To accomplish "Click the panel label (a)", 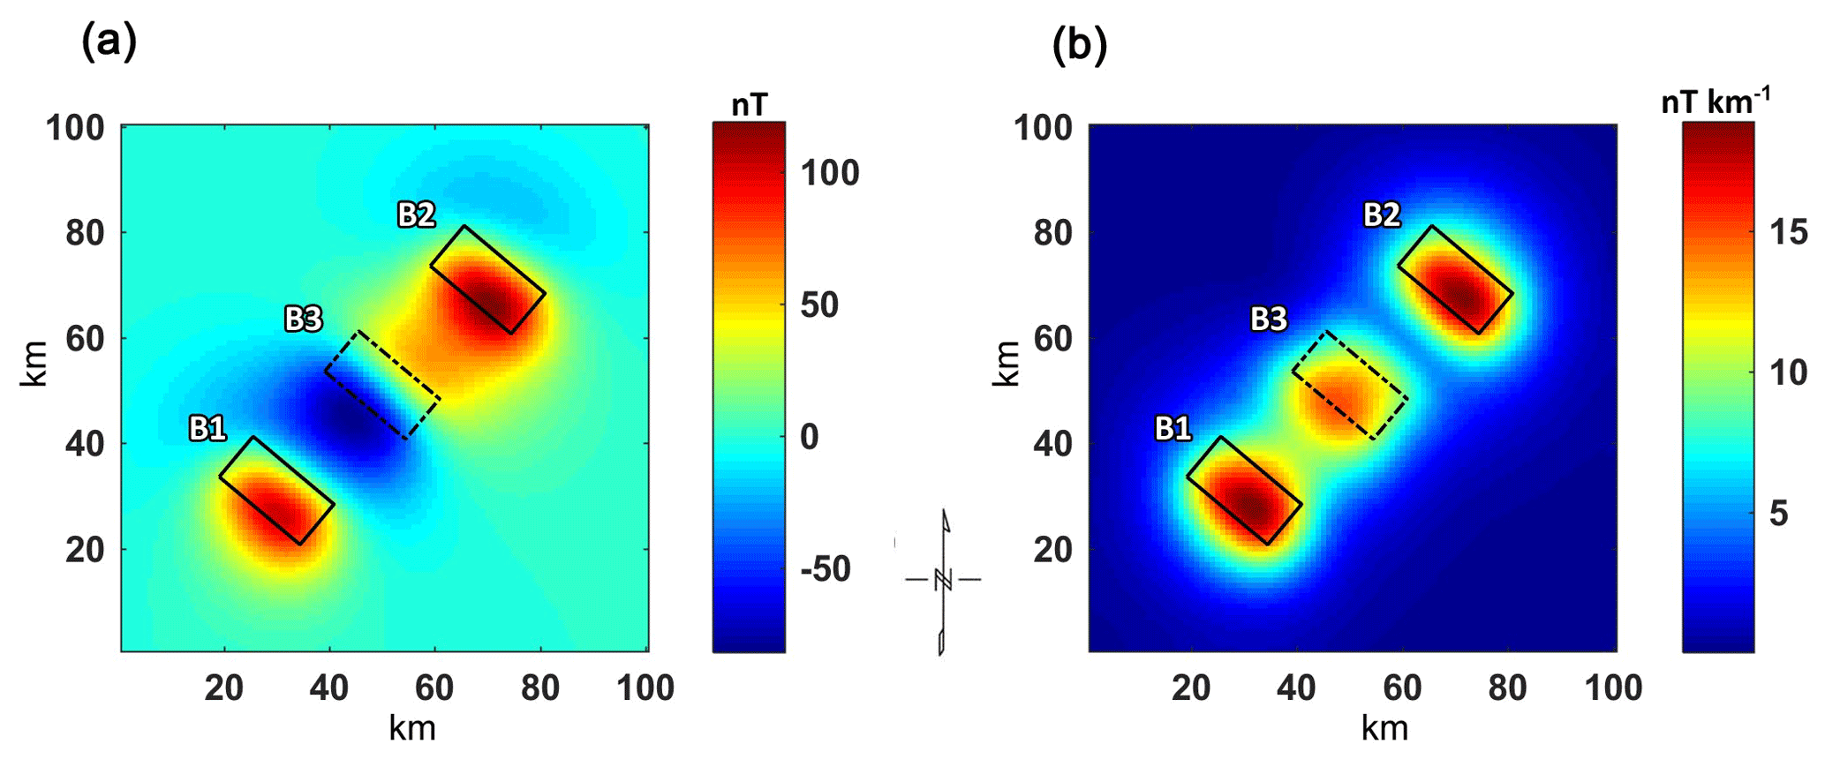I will click(109, 41).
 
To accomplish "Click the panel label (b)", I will click(1079, 46).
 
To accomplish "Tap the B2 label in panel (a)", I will click(416, 214).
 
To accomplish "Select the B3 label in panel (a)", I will click(303, 319).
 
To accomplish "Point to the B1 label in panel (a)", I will click(207, 429).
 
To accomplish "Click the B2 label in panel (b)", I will click(1382, 214).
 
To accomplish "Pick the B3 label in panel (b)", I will click(1269, 319).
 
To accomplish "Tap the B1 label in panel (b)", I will click(1173, 429).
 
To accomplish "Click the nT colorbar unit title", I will click(749, 105).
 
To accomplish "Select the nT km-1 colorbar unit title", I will click(1715, 102).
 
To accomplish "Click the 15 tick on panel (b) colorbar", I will click(1788, 232).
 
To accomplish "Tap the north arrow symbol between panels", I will click(943, 580).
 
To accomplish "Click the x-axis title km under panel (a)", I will click(412, 728).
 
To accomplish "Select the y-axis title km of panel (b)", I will click(1007, 363).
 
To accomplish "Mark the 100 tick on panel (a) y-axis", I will click(75, 129).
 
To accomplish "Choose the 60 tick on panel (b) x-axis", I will click(1402, 688).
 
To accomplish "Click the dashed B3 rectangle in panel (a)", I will click(382, 386).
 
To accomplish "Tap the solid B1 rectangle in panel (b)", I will click(1244, 491).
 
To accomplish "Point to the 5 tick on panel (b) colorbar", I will click(1778, 514).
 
